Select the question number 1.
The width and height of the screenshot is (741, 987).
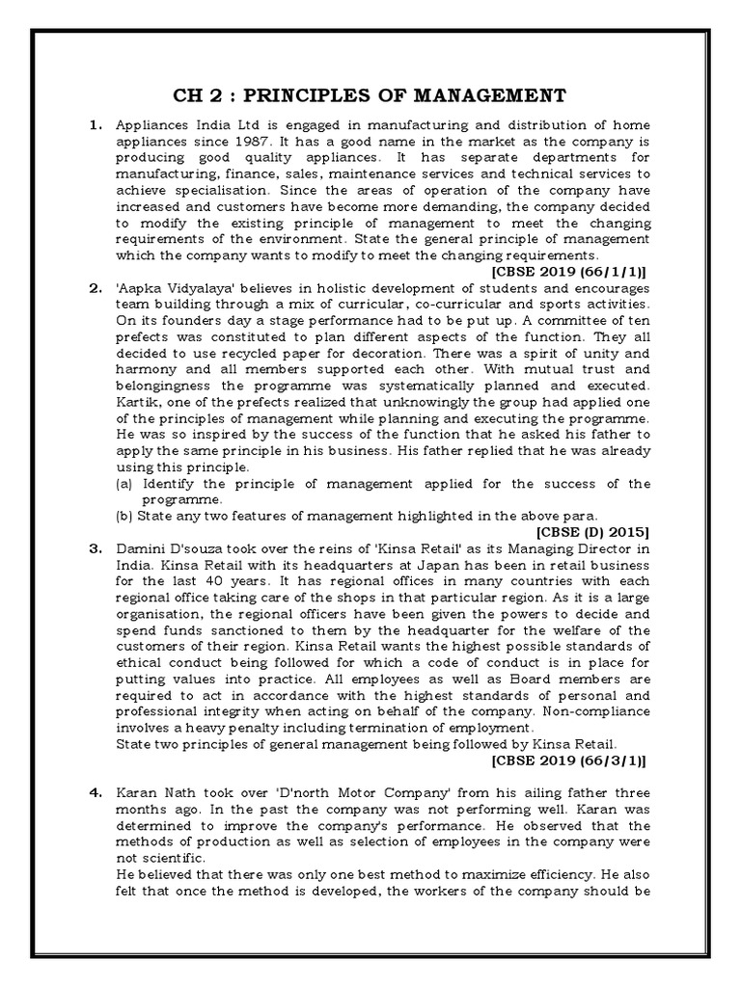coord(96,125)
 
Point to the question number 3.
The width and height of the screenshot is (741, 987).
coord(96,548)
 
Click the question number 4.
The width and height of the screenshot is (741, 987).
coord(96,792)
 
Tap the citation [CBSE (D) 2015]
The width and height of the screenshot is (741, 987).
coord(591,530)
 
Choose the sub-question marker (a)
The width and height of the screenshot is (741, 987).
coord(123,483)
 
